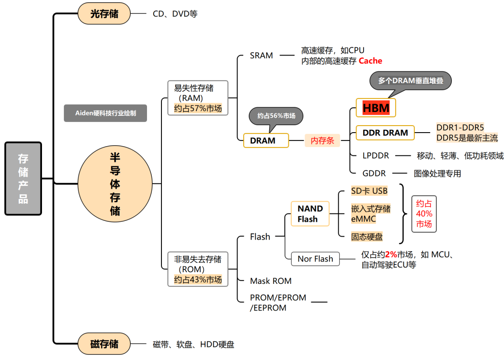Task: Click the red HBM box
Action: (x=376, y=108)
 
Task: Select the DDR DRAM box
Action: (x=385, y=133)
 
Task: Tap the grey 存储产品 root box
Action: (x=23, y=178)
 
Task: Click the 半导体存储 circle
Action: (x=115, y=183)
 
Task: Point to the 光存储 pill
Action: (x=104, y=14)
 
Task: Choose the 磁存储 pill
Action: (x=104, y=345)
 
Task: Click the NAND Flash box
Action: (x=310, y=214)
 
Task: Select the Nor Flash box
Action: (x=315, y=259)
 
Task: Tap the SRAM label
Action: (x=261, y=56)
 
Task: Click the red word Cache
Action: (x=370, y=61)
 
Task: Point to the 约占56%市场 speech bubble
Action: (x=276, y=116)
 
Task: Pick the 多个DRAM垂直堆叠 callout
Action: (x=411, y=81)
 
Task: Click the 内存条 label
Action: (x=322, y=141)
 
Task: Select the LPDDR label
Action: (x=376, y=155)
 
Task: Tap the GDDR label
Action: (x=374, y=173)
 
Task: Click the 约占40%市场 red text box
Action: (x=424, y=214)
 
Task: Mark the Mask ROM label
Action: (x=271, y=281)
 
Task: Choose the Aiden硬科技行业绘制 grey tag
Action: (x=105, y=113)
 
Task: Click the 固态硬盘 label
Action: (x=367, y=237)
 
